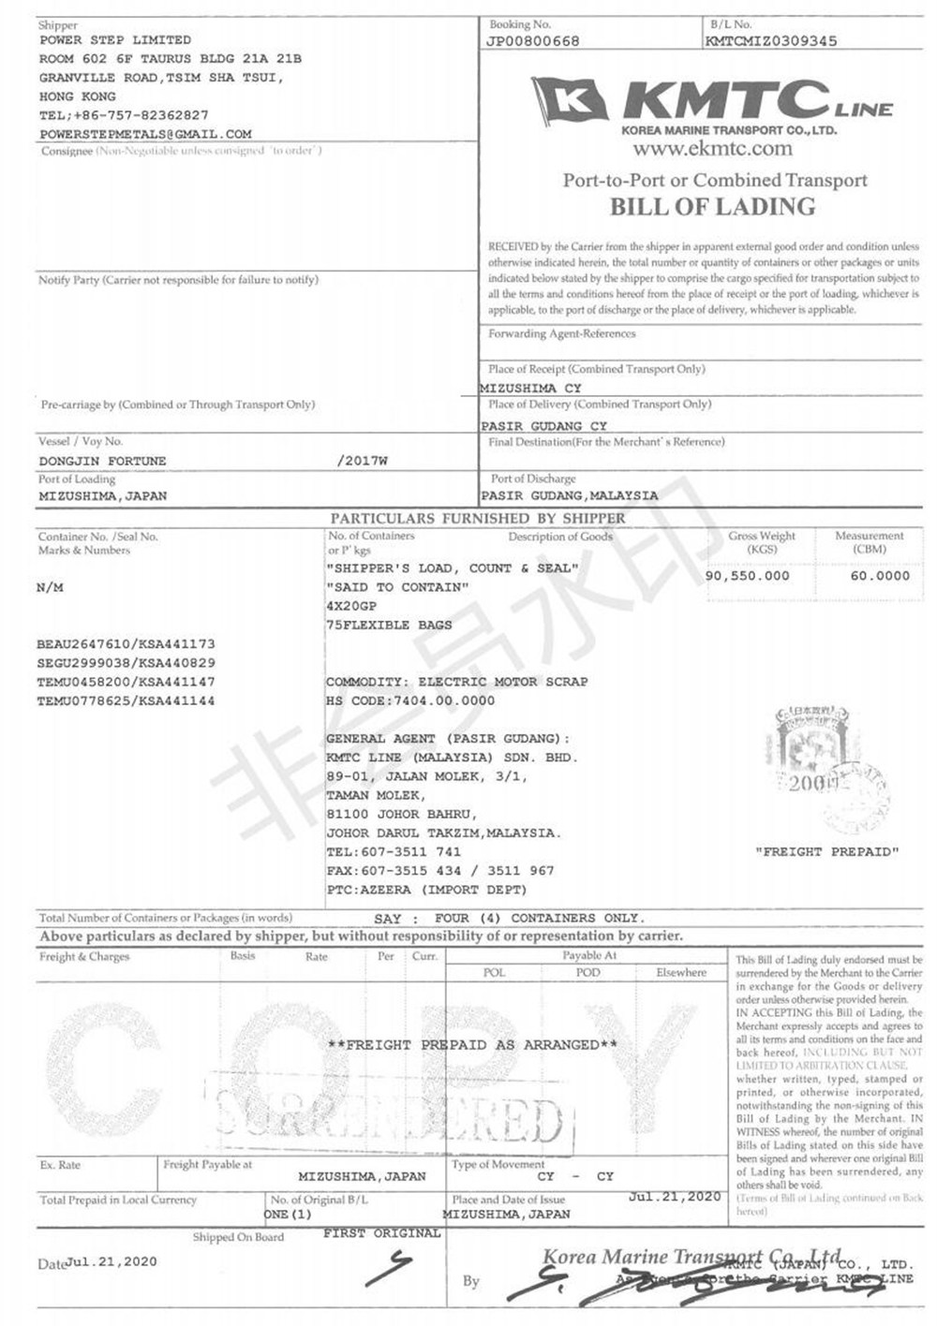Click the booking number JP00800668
click(533, 41)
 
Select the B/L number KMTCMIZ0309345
click(771, 41)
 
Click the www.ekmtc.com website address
click(712, 148)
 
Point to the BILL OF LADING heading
click(713, 206)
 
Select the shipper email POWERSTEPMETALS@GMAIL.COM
click(145, 134)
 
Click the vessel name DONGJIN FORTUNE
click(102, 461)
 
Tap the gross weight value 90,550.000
click(747, 576)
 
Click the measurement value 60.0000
click(879, 576)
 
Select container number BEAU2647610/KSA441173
click(126, 644)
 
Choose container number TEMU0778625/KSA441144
click(126, 700)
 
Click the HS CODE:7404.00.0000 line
click(410, 700)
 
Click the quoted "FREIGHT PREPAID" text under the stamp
click(826, 852)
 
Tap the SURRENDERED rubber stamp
click(389, 1114)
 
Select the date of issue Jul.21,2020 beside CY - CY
click(675, 1197)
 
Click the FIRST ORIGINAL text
click(381, 1233)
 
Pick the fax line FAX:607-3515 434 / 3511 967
click(440, 871)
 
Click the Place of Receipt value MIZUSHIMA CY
click(531, 388)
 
